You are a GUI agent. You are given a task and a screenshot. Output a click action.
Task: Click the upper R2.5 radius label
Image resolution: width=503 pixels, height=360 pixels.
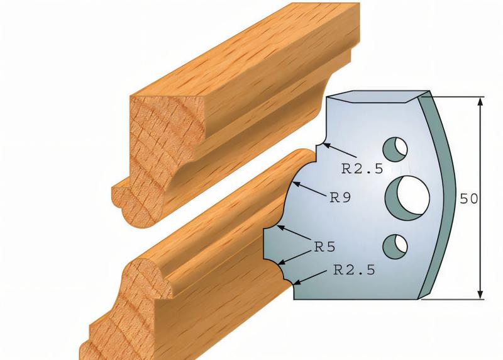point(362,168)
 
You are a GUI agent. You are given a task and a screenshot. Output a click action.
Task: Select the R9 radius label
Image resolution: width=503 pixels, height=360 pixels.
point(340,197)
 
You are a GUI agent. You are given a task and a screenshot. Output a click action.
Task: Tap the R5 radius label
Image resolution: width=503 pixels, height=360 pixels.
point(324,247)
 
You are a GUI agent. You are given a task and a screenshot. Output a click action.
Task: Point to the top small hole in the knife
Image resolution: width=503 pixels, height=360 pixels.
point(397,147)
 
